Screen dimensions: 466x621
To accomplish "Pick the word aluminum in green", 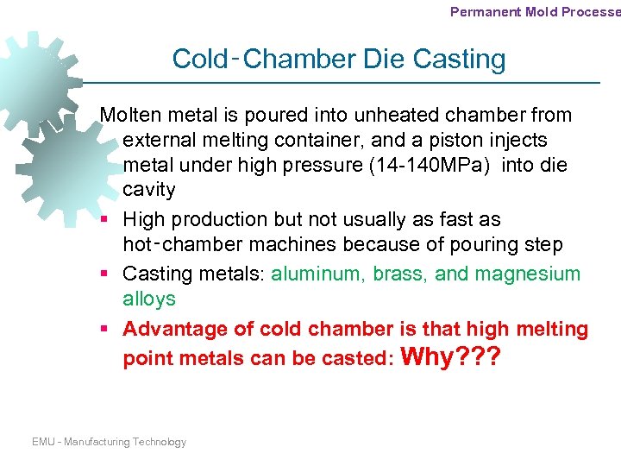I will pyautogui.click(x=317, y=274).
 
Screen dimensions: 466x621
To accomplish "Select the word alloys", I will pyautogui.click(x=148, y=299).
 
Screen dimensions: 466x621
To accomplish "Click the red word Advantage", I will pyautogui.click(x=170, y=329).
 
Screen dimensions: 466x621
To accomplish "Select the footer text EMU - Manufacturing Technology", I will pyautogui.click(x=109, y=442).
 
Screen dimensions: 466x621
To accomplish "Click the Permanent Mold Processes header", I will pyautogui.click(x=535, y=12).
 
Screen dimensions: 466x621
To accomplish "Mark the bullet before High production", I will pyautogui.click(x=103, y=220).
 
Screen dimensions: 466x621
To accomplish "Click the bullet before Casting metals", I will pyautogui.click(x=103, y=274).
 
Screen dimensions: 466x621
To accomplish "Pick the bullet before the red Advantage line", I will pyautogui.click(x=103, y=330).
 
